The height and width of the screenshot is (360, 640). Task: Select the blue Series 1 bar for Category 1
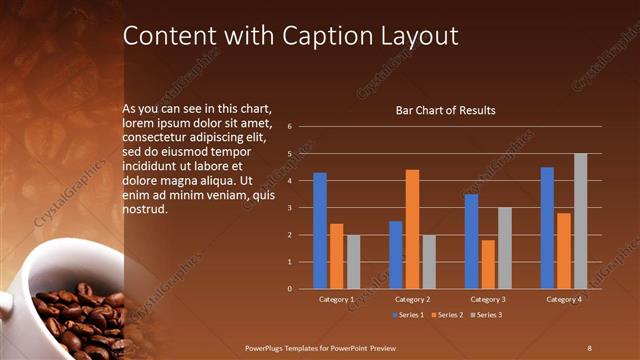[319, 231]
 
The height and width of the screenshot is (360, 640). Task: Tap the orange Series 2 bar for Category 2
[412, 229]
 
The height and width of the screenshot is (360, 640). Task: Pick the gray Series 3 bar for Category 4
[580, 221]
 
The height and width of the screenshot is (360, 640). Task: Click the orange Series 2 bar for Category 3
[487, 264]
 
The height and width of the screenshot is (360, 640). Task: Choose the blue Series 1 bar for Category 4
[547, 228]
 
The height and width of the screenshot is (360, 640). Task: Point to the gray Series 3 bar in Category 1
[353, 262]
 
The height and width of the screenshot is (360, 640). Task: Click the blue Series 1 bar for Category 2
[396, 255]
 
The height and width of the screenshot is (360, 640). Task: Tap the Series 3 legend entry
[485, 315]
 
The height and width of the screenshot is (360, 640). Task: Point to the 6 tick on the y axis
[288, 127]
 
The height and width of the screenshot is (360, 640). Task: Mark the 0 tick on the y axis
[288, 289]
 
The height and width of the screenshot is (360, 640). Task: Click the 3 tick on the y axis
[288, 208]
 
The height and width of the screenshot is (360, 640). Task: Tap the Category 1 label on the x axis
[336, 299]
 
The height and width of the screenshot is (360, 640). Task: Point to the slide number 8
[589, 346]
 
